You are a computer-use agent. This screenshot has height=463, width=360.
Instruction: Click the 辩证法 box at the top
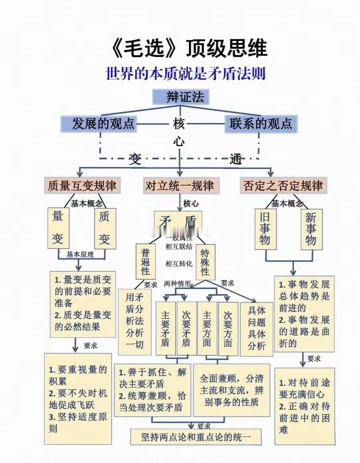pyautogui.click(x=180, y=97)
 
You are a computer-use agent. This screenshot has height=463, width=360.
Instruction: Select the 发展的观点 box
pyautogui.click(x=99, y=124)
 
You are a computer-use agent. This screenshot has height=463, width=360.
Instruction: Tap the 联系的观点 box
pyautogui.click(x=261, y=124)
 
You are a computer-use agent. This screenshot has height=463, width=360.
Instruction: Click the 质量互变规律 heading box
pyautogui.click(x=82, y=186)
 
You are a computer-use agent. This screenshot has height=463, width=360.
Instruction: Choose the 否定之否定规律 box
pyautogui.click(x=283, y=186)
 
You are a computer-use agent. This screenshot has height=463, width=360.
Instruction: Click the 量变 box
pyautogui.click(x=58, y=228)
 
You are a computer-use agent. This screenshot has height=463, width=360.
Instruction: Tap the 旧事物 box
pyautogui.click(x=265, y=229)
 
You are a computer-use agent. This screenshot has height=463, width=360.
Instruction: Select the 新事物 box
pyautogui.click(x=311, y=229)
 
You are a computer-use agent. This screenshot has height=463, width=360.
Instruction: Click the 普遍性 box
pyautogui.click(x=146, y=261)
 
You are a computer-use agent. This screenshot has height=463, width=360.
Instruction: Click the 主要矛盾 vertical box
pyautogui.click(x=166, y=328)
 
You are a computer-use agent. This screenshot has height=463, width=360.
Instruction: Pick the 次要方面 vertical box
pyautogui.click(x=228, y=328)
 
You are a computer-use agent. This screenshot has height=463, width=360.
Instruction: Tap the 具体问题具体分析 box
pyautogui.click(x=256, y=328)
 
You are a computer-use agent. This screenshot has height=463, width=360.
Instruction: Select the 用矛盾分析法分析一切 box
pyautogui.click(x=135, y=320)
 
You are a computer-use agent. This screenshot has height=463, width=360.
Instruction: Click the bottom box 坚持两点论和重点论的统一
pyautogui.click(x=196, y=437)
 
